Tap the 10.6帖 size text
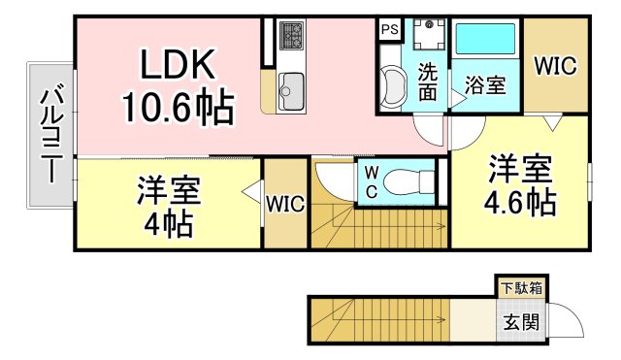point(178,106)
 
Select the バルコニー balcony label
point(48,135)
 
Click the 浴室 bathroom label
point(485,85)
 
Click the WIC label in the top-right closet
point(556,66)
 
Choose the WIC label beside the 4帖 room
point(286,204)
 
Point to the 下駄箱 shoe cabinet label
point(522,288)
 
